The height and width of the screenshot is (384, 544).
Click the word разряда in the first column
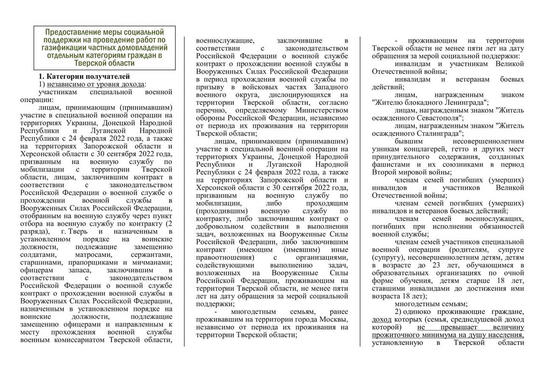point(34,231)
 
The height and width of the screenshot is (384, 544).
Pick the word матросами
point(93,255)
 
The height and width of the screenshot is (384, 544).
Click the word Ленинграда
point(463,103)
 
